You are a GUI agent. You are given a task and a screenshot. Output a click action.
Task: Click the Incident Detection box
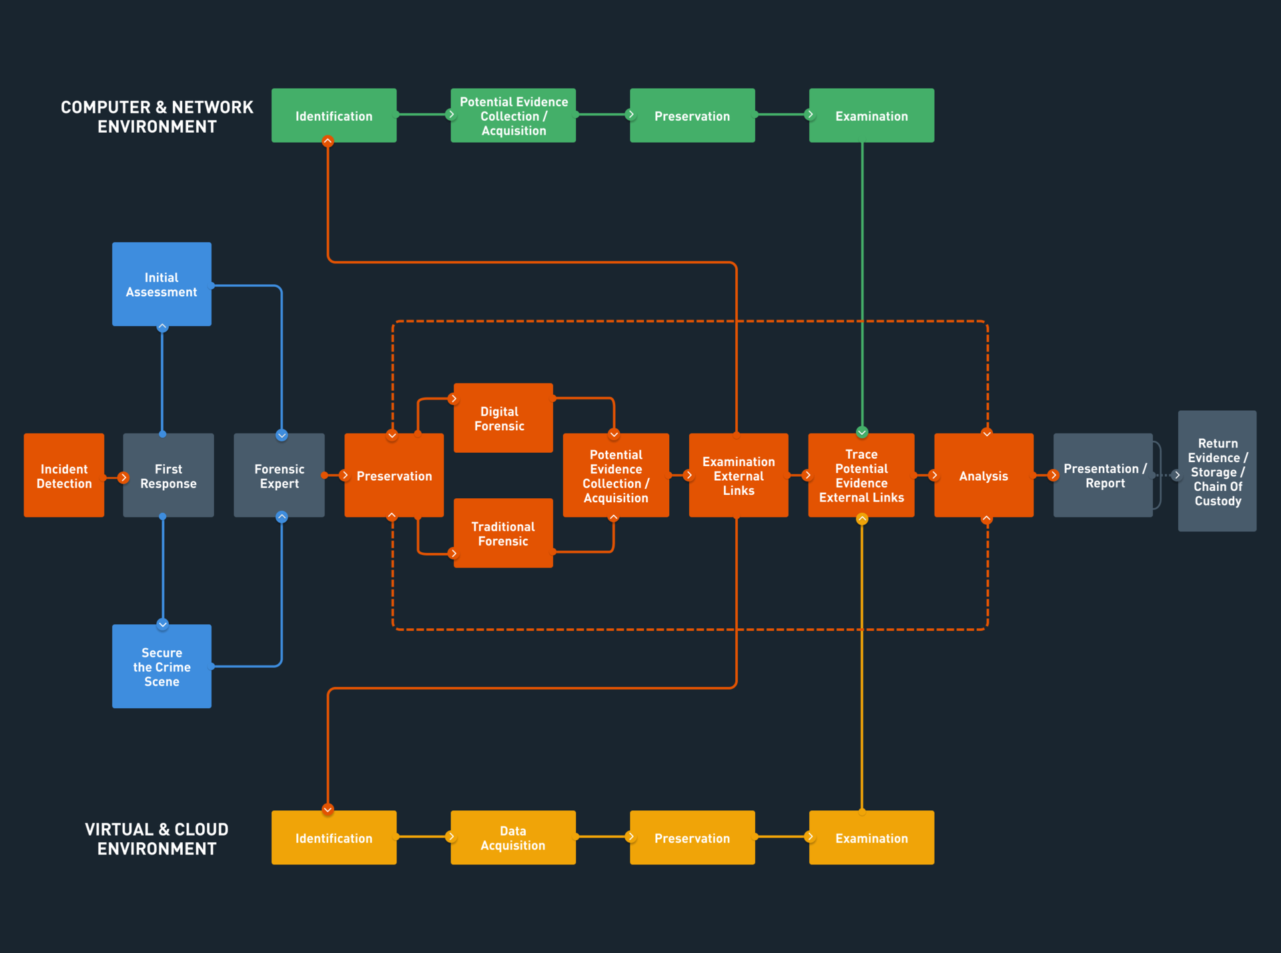64,475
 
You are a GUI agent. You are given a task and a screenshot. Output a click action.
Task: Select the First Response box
168,475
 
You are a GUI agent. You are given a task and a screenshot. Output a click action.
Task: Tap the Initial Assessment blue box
161,284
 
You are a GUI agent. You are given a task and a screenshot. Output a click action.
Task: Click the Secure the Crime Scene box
161,666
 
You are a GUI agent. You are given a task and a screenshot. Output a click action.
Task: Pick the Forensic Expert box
279,475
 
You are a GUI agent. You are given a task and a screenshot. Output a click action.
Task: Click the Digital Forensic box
503,418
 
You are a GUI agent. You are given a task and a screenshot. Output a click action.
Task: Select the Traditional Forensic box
503,534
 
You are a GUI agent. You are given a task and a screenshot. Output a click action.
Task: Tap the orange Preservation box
394,475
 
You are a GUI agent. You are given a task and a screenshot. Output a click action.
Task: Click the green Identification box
334,115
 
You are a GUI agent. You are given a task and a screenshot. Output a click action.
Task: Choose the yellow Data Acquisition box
513,838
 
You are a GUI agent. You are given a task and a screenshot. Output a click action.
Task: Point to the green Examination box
871,115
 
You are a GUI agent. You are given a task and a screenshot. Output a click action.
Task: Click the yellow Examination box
871,838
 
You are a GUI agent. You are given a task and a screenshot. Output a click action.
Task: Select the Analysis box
983,475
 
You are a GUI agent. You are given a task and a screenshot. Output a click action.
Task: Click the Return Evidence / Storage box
1217,471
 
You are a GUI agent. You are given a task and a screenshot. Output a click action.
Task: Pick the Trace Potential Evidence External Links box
861,475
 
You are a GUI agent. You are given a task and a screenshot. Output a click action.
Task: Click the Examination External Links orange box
739,475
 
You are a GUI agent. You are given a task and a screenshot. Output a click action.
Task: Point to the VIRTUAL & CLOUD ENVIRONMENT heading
157,839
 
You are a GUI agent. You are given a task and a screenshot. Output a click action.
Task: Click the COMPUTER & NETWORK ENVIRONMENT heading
157,117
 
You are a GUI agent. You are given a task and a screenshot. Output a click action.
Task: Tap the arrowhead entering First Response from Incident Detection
123,478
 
